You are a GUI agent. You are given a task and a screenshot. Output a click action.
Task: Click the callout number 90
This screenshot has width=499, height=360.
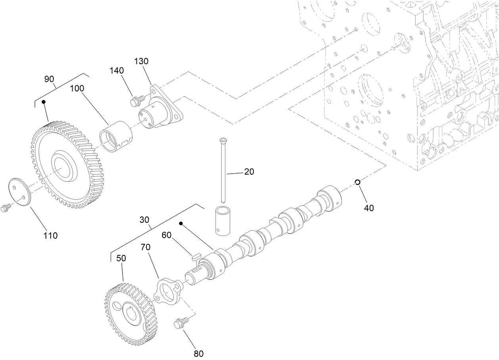click(x=49, y=79)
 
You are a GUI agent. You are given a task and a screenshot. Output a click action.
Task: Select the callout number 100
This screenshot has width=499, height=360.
click(x=77, y=88)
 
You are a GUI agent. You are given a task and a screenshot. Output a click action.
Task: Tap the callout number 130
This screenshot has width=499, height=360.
click(x=141, y=61)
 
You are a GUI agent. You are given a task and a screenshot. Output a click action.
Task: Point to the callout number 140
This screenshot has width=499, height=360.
click(x=117, y=71)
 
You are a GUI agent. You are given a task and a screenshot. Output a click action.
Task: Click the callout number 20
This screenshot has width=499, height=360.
click(x=249, y=172)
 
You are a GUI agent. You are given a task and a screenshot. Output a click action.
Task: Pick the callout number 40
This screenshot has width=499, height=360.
click(x=369, y=208)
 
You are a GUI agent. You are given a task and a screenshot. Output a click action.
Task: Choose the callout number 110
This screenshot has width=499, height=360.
click(x=50, y=236)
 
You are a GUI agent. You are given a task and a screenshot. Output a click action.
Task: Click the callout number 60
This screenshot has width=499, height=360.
click(x=166, y=236)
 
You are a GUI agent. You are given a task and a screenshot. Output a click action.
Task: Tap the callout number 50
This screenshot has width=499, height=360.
click(x=121, y=258)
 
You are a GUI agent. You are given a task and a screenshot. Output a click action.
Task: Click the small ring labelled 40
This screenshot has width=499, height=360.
click(x=357, y=182)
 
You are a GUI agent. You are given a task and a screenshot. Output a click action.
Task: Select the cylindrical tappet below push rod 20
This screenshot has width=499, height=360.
click(x=223, y=220)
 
